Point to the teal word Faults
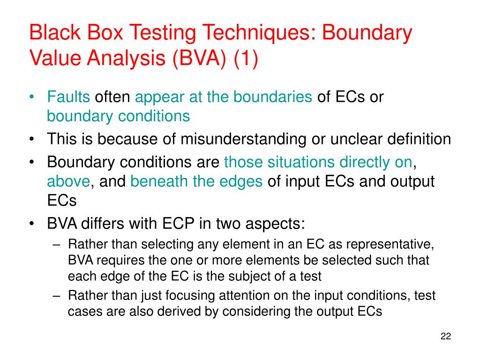[x=68, y=97]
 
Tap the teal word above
[x=68, y=182]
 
